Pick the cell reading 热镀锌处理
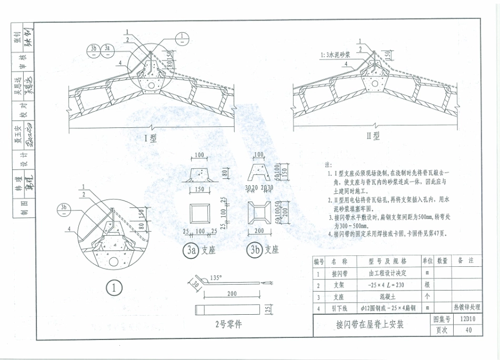pyautogui.click(x=467, y=308)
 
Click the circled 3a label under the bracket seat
pyautogui.click(x=190, y=251)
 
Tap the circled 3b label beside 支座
pyautogui.click(x=256, y=251)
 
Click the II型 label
pyautogui.click(x=373, y=136)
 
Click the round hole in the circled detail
pyautogui.click(x=113, y=262)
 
